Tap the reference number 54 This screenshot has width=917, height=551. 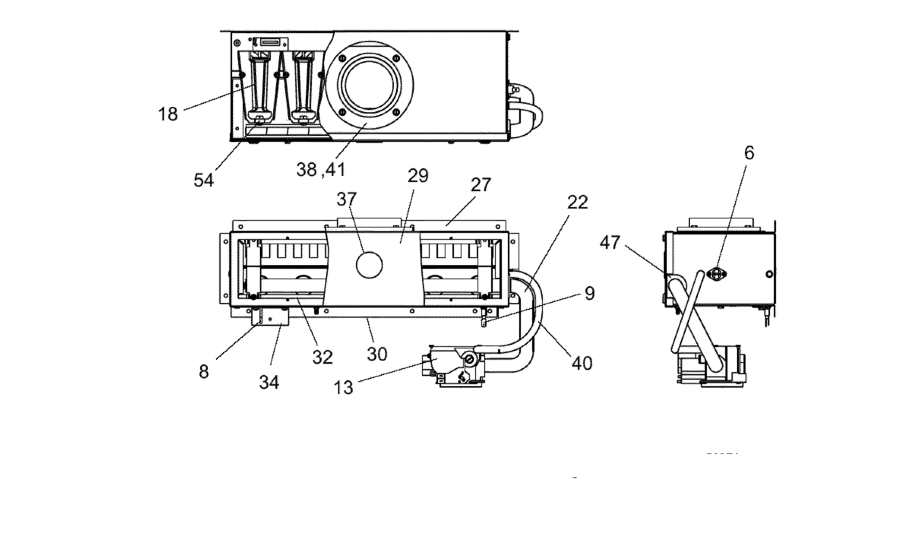point(203,180)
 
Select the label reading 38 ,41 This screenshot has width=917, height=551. point(321,169)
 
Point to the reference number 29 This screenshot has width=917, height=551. point(417,176)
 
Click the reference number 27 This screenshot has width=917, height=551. point(481,184)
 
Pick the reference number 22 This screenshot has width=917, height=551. point(578,202)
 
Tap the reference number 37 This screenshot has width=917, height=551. point(347,199)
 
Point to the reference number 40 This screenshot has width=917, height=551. point(582,363)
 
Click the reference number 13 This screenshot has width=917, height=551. point(344,387)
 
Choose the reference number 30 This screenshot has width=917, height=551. point(377,354)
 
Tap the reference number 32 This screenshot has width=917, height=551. point(322,357)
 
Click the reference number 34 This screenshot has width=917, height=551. point(269,382)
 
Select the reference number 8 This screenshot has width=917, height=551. point(203,371)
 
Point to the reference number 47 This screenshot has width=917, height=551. point(610,243)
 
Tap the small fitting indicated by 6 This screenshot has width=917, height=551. point(716,274)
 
